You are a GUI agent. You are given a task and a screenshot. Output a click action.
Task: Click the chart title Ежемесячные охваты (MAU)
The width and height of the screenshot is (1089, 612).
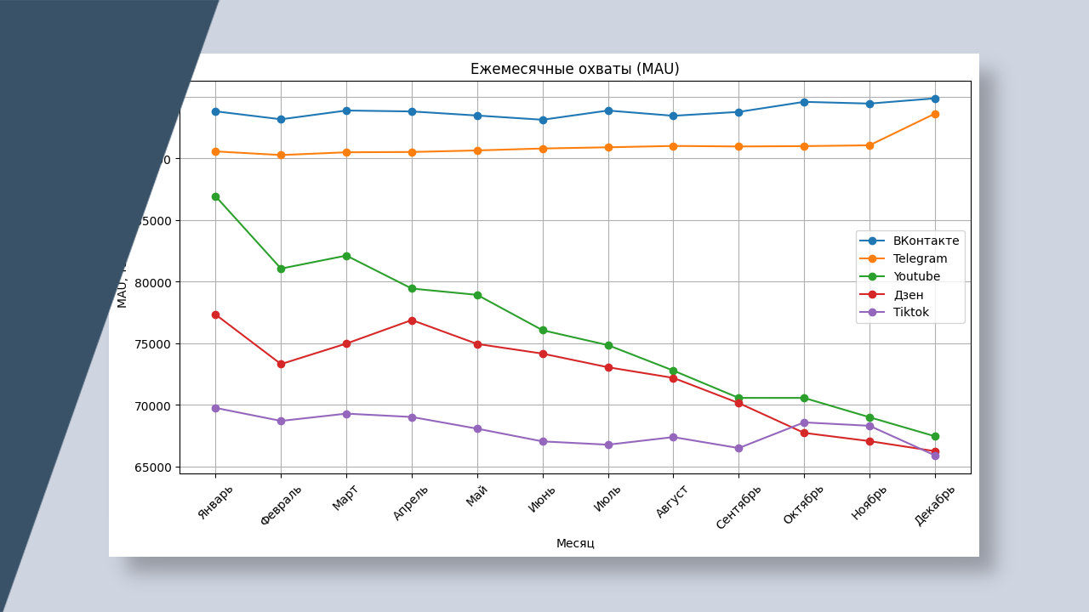[574, 69]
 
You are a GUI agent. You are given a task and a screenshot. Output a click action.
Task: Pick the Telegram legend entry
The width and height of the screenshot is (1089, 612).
[920, 258]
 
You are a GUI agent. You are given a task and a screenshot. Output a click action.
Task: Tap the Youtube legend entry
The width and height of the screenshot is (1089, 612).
[916, 276]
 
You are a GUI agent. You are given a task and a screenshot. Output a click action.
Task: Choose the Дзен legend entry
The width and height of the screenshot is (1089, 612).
[908, 295]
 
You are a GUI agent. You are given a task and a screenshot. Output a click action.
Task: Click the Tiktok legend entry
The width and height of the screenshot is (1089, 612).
[910, 312]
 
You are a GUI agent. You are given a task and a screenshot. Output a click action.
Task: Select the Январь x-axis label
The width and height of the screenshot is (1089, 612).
[214, 501]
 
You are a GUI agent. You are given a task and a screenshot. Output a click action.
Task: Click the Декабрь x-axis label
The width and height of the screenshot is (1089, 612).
[934, 505]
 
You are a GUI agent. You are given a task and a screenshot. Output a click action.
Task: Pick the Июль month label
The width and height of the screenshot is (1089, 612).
[607, 499]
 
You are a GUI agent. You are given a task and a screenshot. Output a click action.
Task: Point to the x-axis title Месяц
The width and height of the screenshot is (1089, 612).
[575, 543]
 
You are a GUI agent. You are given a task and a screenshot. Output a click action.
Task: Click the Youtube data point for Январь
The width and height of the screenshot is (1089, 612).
[215, 196]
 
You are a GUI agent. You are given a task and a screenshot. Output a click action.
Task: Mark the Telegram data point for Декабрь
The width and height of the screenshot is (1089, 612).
[935, 114]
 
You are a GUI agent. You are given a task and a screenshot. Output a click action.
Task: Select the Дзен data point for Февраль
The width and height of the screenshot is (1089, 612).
[281, 364]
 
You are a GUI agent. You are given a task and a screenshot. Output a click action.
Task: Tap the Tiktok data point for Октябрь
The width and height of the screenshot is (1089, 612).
[804, 422]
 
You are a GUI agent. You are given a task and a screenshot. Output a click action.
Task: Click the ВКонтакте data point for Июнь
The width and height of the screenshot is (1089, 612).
[543, 120]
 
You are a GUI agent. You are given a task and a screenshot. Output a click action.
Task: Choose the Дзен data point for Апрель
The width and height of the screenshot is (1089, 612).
[412, 320]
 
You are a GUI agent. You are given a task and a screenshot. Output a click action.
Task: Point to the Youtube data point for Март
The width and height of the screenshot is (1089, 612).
[346, 256]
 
